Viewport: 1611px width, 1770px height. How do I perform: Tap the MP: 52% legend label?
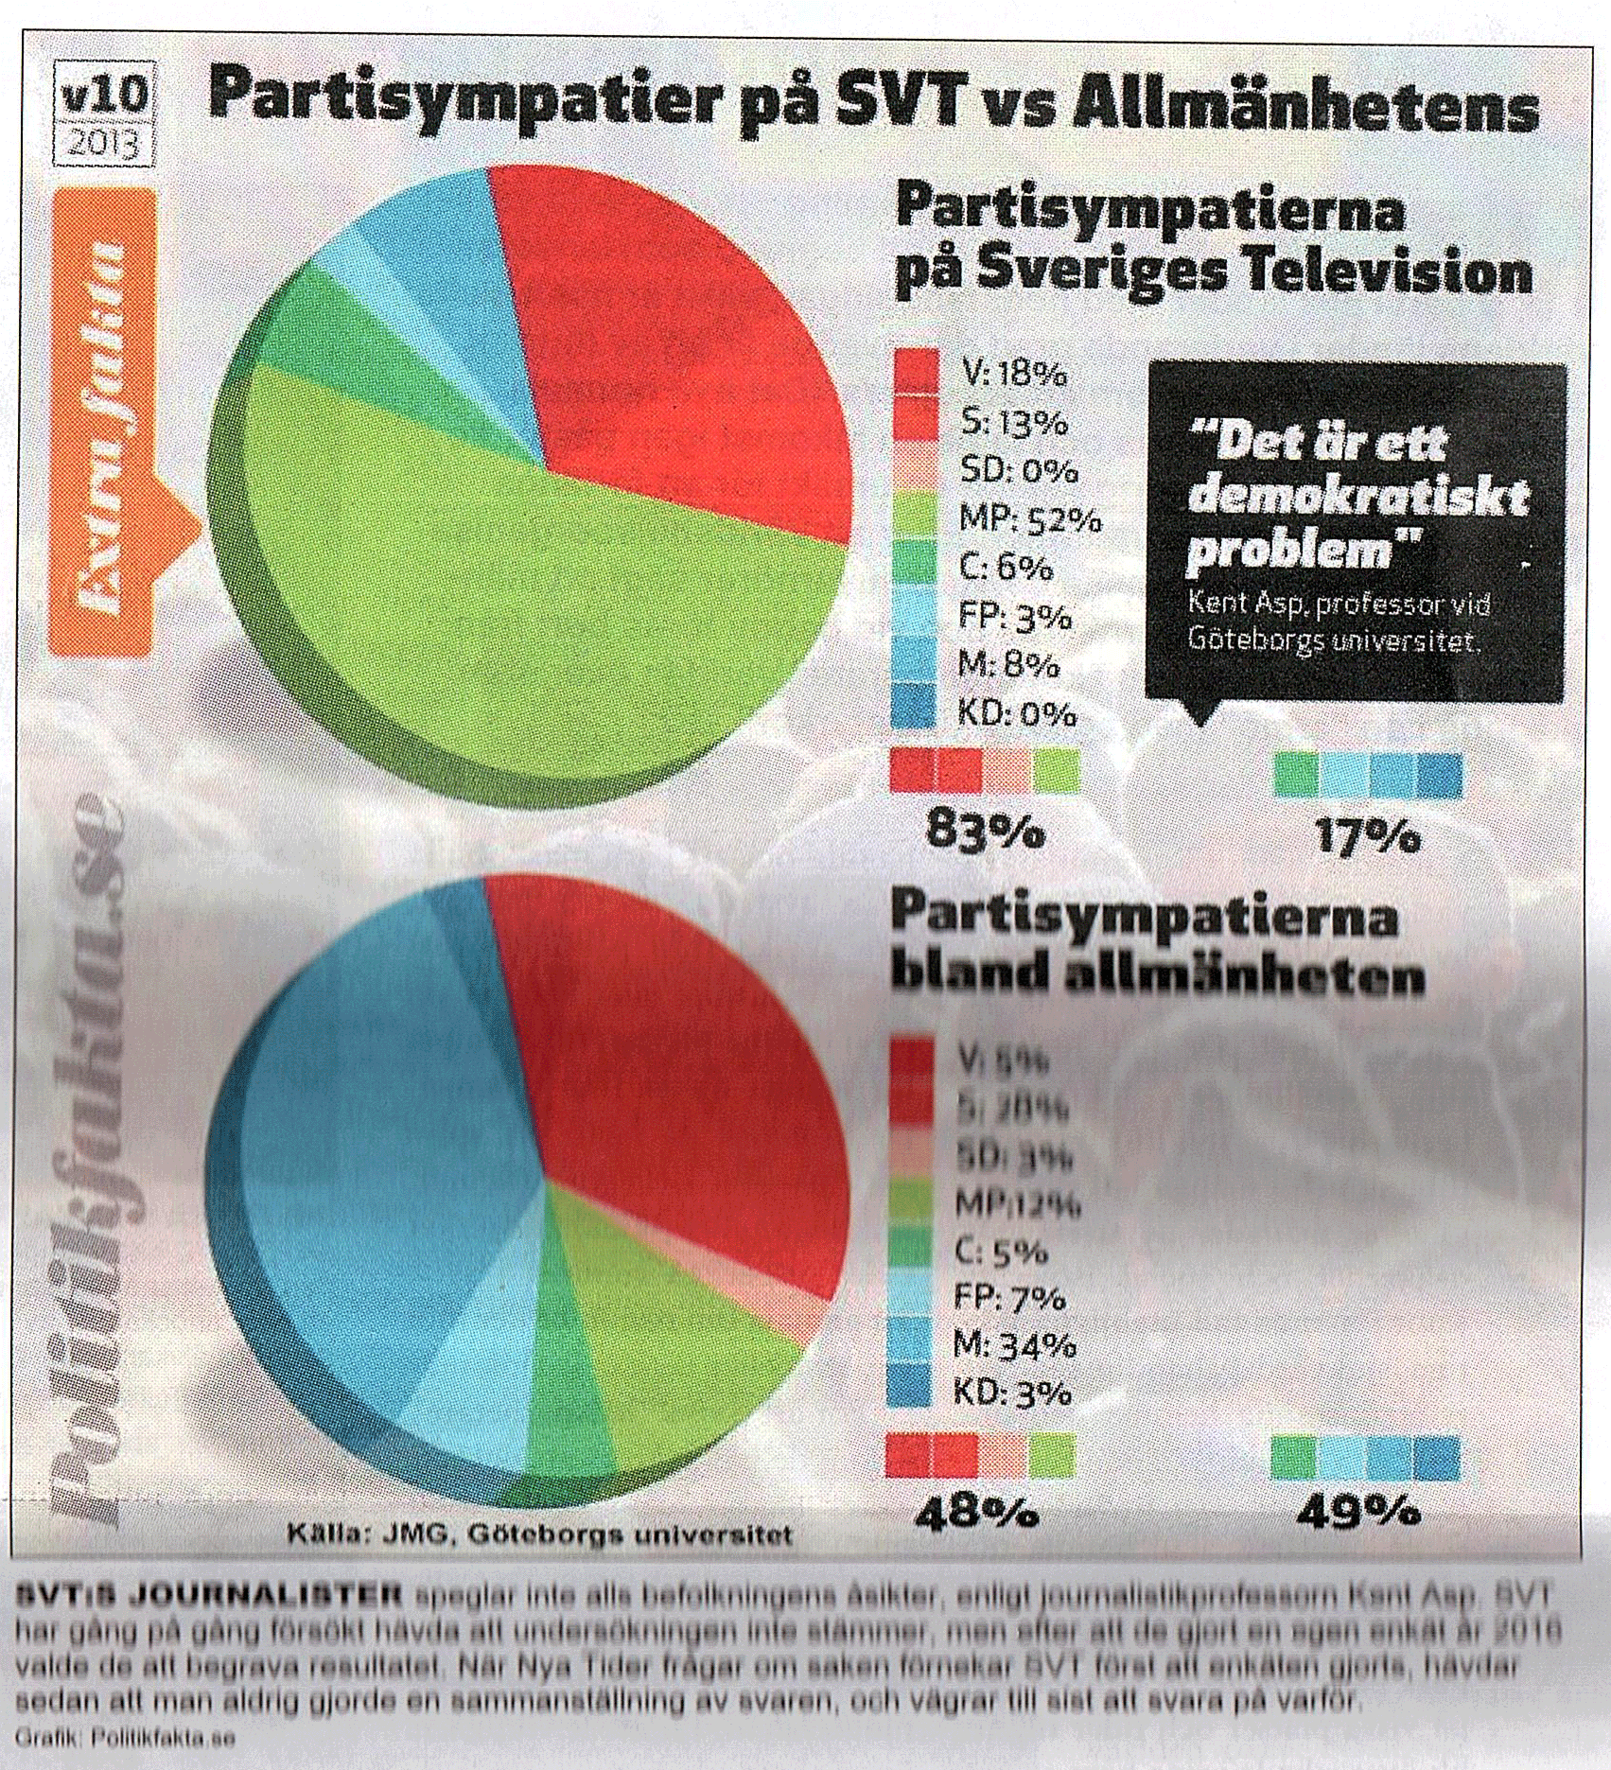coord(1029,519)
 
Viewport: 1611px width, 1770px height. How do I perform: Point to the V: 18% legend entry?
coord(1012,375)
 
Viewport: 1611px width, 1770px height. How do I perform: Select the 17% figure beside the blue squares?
coord(1367,837)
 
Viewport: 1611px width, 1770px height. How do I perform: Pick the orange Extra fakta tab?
coord(105,421)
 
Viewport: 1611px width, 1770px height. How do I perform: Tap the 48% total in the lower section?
coord(977,1515)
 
